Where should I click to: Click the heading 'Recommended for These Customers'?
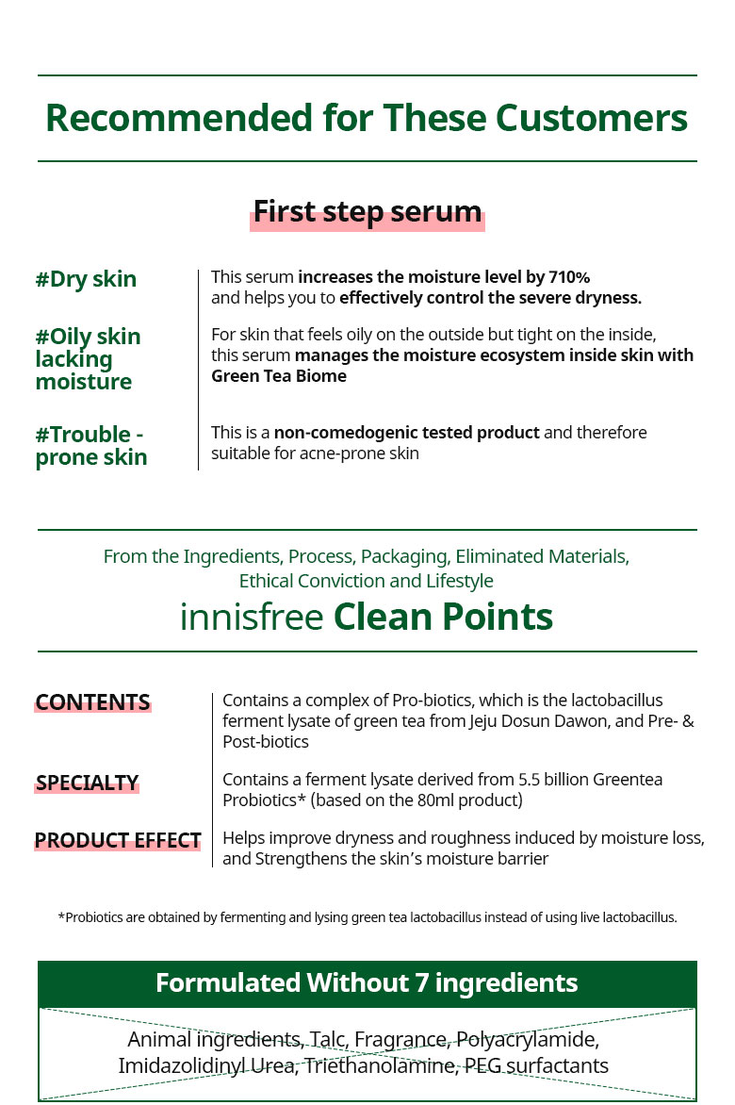367,118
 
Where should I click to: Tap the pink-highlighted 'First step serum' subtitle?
367,212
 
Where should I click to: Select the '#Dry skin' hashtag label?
86,279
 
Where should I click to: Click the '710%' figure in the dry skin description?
569,277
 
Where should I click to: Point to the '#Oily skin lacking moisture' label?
88,358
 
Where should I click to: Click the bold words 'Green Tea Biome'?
279,375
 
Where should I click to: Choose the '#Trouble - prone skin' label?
91,445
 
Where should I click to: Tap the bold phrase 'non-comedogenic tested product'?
407,432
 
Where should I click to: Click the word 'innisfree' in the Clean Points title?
252,617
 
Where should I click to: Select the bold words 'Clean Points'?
443,617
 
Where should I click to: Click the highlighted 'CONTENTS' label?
93,702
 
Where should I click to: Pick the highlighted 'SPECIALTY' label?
88,783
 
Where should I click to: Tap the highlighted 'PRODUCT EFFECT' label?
118,841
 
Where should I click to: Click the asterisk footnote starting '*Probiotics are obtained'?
367,917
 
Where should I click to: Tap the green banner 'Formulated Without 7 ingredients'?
367,983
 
